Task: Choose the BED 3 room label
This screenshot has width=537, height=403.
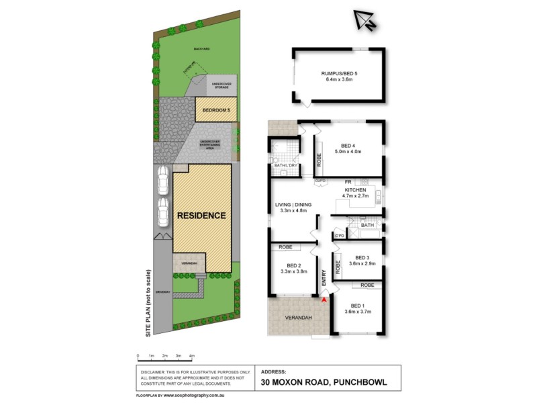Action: pos(362,257)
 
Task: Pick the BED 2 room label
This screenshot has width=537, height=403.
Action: pos(291,264)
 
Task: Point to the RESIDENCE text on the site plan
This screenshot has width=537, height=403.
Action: pos(201,216)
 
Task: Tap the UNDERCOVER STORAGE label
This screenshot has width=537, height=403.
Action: pos(222,84)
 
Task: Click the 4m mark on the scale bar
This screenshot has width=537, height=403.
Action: pos(192,355)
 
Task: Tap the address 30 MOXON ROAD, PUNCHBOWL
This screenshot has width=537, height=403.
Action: pos(324,382)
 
